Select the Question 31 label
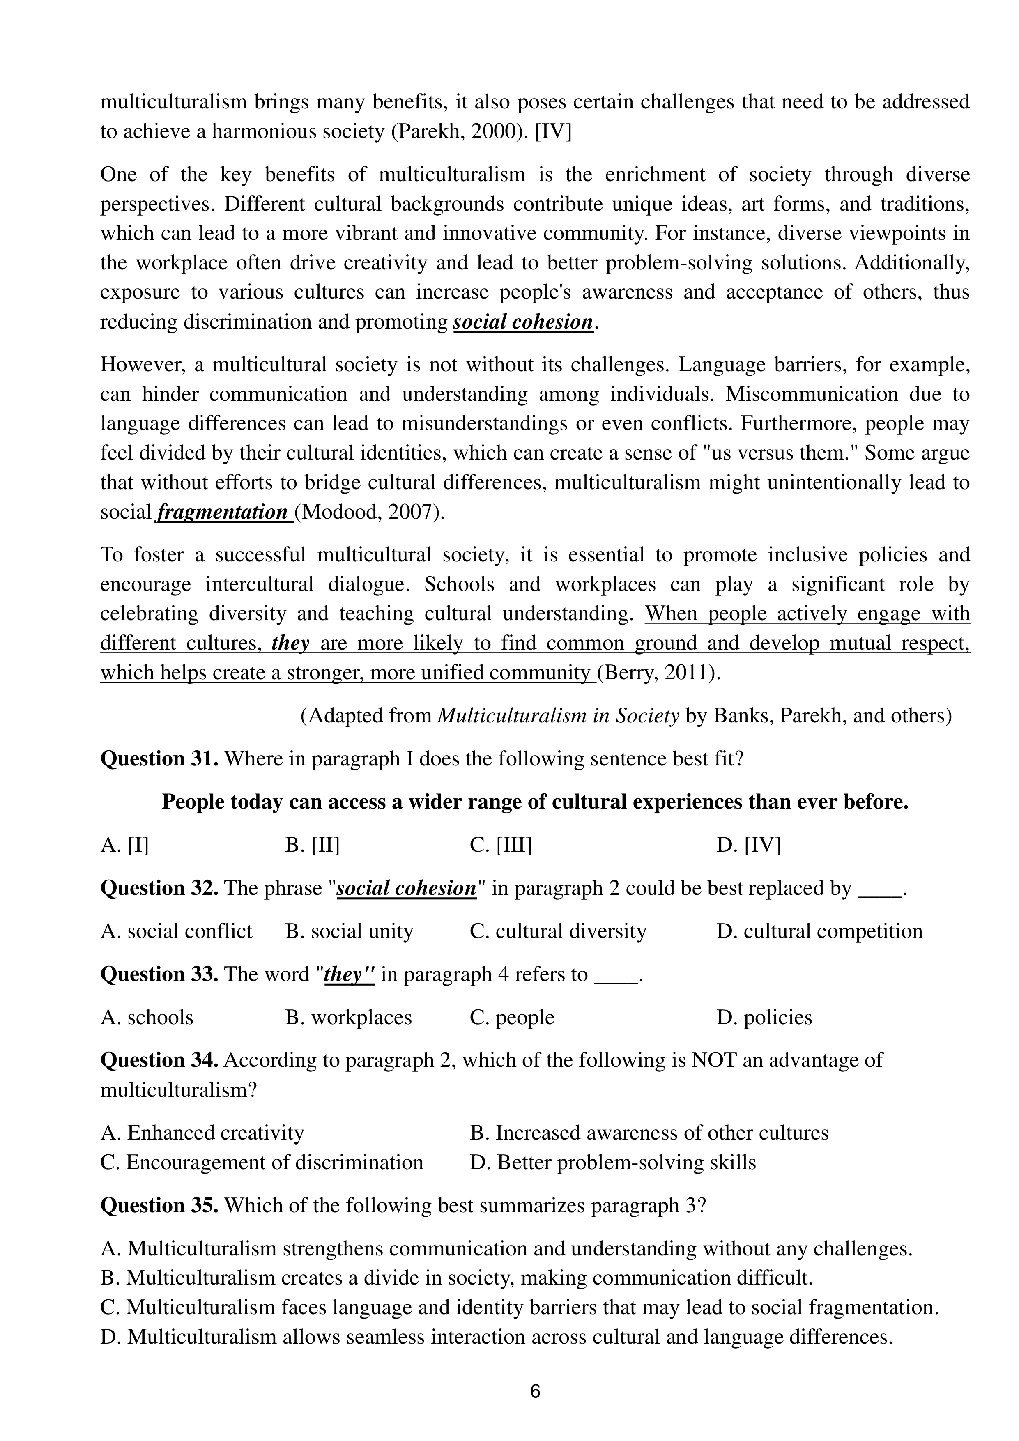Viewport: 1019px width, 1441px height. point(159,759)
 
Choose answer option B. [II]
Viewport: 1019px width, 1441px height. point(312,846)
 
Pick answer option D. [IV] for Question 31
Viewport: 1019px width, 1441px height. point(748,846)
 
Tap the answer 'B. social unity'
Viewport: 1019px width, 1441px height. point(349,931)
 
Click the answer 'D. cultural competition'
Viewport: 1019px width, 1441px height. point(819,931)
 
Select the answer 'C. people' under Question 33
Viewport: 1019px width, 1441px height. point(512,1017)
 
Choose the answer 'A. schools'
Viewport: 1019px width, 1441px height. point(147,1017)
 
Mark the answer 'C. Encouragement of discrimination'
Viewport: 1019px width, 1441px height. point(262,1162)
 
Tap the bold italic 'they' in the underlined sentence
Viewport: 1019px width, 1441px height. point(290,644)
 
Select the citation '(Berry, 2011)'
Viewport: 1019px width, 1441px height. point(658,673)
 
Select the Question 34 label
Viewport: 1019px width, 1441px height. point(159,1060)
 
